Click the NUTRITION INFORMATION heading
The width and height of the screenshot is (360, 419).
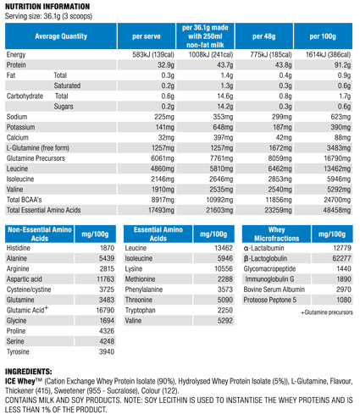pos(47,6)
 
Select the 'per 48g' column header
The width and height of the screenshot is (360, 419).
pos(264,36)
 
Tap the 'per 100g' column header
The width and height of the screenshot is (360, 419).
pos(323,36)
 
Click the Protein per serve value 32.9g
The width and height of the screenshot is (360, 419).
pos(166,65)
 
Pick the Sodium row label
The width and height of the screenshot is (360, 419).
pos(17,117)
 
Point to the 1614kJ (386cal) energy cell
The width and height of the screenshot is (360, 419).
pos(328,54)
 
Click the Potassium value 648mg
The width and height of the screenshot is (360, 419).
pos(223,127)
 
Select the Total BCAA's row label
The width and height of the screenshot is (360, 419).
pos(25,200)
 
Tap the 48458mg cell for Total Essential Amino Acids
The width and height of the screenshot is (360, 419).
pos(337,210)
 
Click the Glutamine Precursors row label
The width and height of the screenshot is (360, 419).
pos(36,158)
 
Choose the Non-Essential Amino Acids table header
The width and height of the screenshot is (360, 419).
pos(40,234)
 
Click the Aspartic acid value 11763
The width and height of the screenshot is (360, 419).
pos(106,279)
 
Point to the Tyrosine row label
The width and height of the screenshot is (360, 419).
pos(18,352)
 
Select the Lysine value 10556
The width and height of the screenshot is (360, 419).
pos(224,268)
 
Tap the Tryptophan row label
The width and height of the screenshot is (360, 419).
pos(141,311)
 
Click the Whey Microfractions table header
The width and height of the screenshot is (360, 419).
pos(277,234)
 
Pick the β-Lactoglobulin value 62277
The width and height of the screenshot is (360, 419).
pos(342,258)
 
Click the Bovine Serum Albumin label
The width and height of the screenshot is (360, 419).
pos(274,289)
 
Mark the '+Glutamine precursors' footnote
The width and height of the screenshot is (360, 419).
pos(327,312)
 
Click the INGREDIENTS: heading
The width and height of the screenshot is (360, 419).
pos(29,372)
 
